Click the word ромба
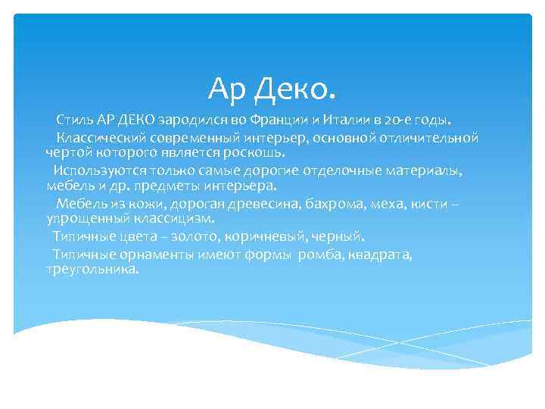click(x=321, y=254)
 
